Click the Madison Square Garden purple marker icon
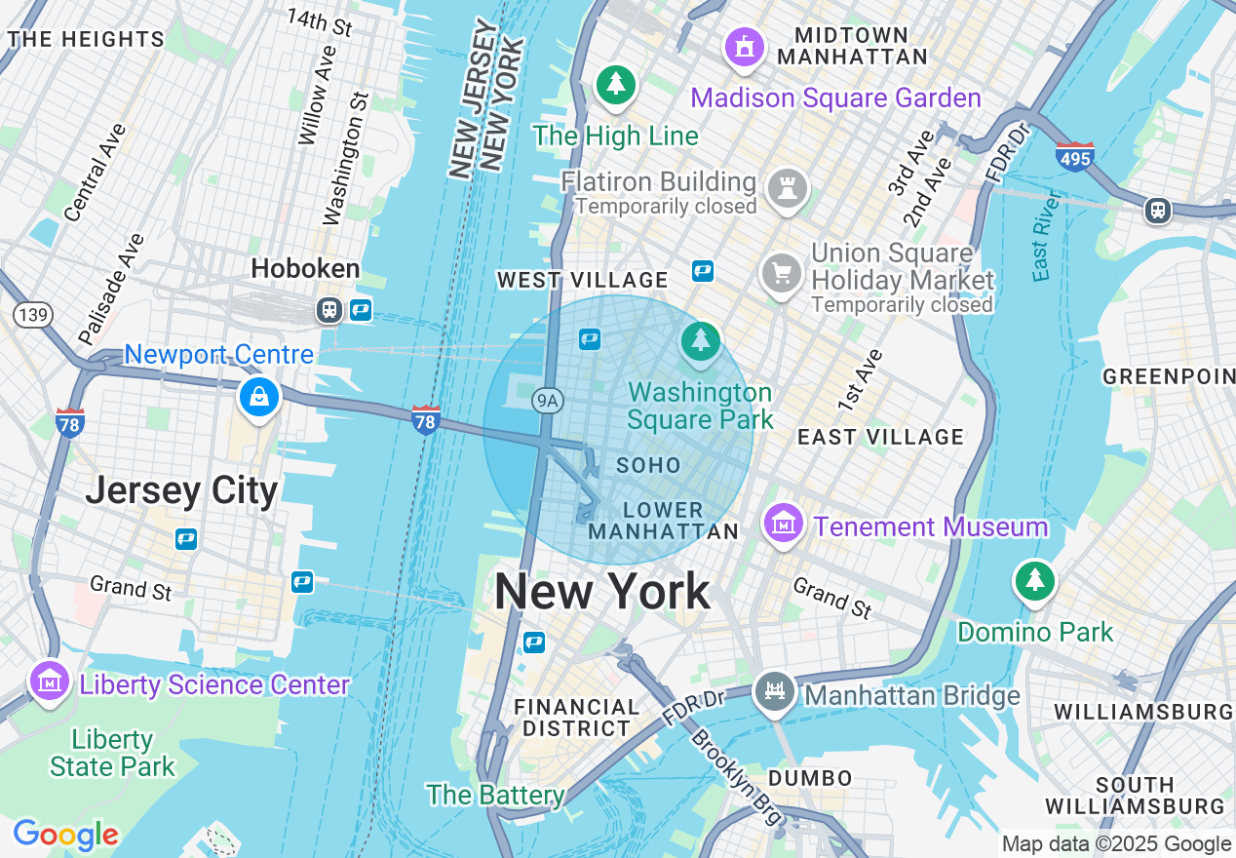[745, 46]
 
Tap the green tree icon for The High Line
[615, 85]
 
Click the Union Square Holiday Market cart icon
[781, 273]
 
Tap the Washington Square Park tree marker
[700, 341]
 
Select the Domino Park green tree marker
[1034, 581]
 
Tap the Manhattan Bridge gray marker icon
[775, 692]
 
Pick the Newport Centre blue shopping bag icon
[258, 397]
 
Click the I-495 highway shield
[1074, 156]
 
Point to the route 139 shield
[32, 315]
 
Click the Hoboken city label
[305, 269]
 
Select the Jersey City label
[181, 489]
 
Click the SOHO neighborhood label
[648, 466]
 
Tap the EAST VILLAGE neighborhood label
[880, 437]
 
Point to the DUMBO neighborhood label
[810, 778]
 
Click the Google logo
[65, 835]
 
